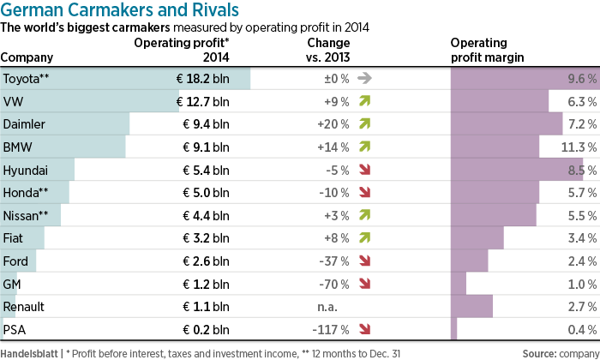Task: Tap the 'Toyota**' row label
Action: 27,79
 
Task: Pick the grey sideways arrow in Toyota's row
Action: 365,79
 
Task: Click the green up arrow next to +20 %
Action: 365,124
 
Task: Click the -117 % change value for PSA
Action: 329,329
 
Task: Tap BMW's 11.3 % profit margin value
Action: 577,147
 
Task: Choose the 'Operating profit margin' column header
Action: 489,51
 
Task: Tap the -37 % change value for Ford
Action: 333,261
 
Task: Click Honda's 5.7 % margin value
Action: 580,193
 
